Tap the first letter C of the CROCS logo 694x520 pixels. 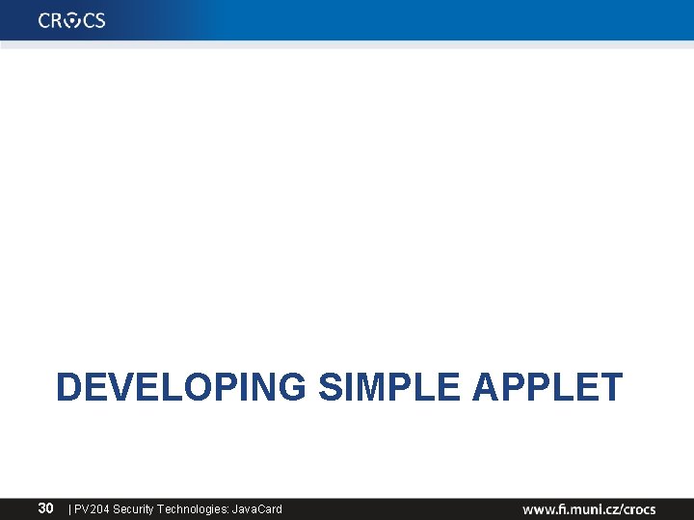45,20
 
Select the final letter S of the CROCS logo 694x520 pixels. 99,20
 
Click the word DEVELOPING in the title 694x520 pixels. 181,387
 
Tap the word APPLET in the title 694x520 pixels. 547,387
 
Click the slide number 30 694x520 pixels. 45,507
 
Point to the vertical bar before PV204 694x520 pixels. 69,508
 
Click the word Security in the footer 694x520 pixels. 135,508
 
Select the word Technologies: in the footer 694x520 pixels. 195,508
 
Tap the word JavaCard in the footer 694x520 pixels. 257,508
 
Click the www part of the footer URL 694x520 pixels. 538,508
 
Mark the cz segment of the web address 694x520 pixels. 611,508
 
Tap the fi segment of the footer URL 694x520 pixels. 561,508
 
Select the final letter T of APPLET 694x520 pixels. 612,387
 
